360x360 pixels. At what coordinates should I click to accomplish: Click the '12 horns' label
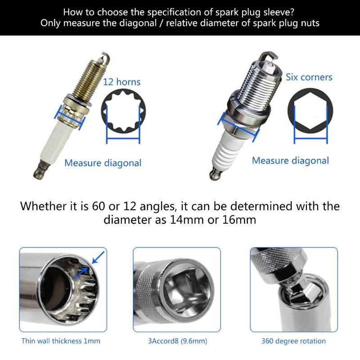pos(121,82)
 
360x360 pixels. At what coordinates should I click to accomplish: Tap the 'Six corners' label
pos(309,77)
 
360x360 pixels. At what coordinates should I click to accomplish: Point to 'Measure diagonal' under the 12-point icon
pos(103,163)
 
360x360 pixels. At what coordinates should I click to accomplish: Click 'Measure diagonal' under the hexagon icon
pos(290,161)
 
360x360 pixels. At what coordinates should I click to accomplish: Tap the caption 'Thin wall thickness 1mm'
pos(61,341)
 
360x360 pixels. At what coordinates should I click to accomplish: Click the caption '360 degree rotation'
pos(293,341)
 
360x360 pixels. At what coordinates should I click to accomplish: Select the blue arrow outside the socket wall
pos(98,257)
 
